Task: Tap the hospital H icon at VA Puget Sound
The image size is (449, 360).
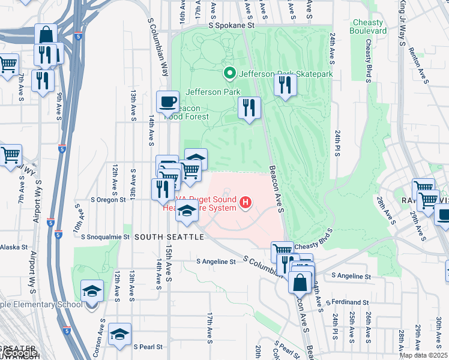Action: click(245, 203)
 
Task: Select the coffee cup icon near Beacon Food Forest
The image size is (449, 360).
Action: click(167, 101)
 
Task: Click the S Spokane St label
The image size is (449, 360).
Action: click(232, 26)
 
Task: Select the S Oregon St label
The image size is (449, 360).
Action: click(108, 199)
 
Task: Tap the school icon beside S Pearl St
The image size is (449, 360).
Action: click(119, 333)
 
